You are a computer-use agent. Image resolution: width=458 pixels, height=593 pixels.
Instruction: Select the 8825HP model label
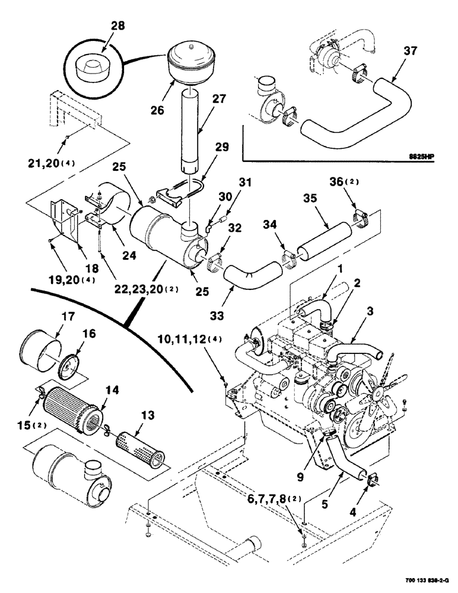click(422, 157)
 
